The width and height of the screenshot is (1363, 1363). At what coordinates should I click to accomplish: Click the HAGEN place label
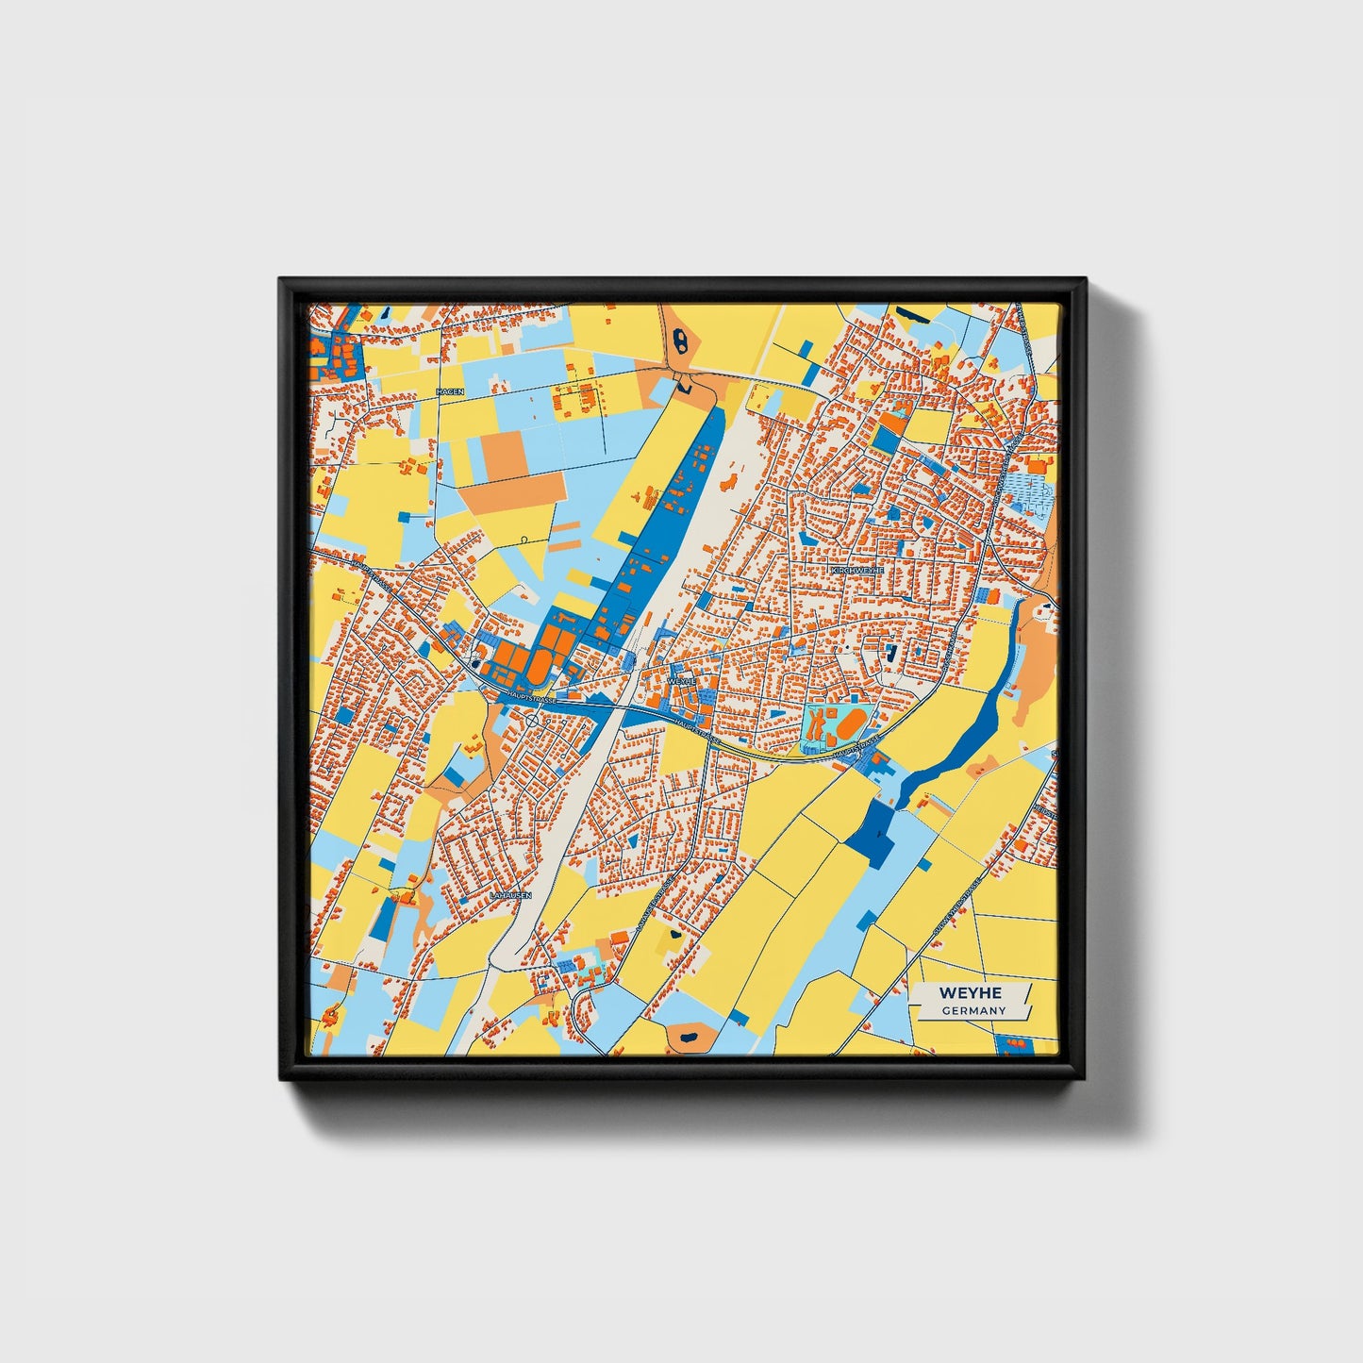(x=450, y=391)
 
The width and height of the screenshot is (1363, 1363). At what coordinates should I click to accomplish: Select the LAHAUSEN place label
(x=511, y=894)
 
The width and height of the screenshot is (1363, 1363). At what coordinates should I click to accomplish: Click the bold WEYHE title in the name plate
(x=970, y=993)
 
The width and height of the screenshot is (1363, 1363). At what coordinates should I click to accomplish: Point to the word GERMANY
(x=973, y=1011)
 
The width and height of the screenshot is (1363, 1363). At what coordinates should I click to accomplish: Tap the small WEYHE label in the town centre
(x=681, y=679)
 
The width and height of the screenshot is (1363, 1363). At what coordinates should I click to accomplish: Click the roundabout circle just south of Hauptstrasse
(x=533, y=721)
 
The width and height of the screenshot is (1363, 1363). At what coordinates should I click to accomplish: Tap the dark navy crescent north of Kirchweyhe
(x=912, y=315)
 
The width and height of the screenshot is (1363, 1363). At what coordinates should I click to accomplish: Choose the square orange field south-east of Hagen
(x=506, y=456)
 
